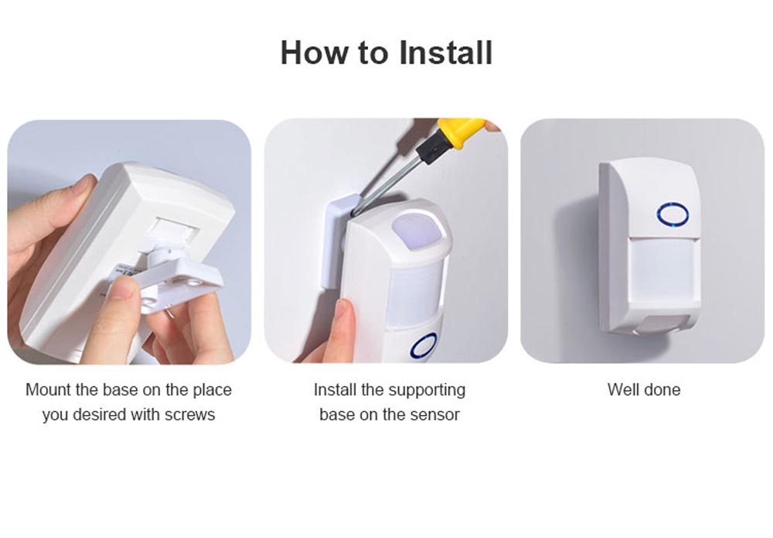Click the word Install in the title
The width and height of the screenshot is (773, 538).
[x=446, y=53]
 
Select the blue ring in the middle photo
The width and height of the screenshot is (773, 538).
[x=424, y=344]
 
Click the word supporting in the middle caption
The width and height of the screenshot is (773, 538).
[x=427, y=389]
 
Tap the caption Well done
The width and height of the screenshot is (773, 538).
[x=643, y=389]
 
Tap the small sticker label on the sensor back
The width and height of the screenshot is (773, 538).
[x=124, y=272]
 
